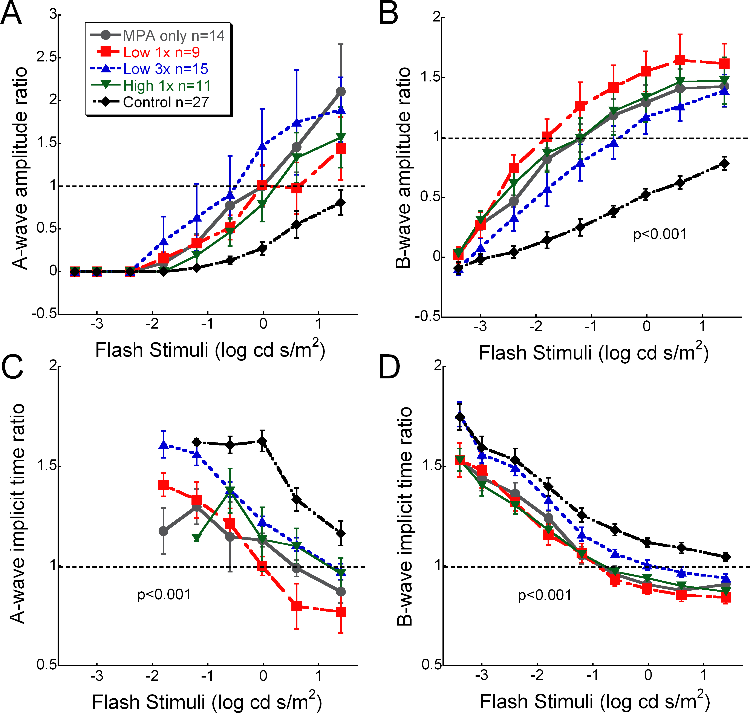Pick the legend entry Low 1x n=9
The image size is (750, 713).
click(x=162, y=52)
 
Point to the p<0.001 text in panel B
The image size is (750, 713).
click(x=660, y=234)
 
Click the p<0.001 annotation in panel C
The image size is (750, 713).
click(x=164, y=594)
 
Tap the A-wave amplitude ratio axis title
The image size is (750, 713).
click(x=20, y=168)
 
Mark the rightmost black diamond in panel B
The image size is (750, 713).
click(x=724, y=164)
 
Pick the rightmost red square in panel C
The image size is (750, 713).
click(x=341, y=612)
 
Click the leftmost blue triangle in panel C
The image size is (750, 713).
click(x=164, y=445)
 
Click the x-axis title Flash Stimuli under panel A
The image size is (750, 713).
click(x=210, y=350)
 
